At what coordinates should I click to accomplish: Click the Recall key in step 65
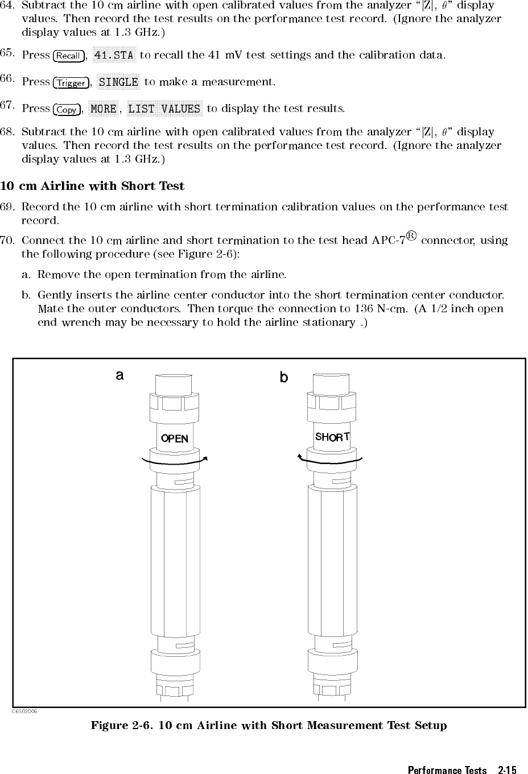68,56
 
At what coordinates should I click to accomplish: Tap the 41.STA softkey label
114,55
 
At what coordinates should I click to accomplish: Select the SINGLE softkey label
118,82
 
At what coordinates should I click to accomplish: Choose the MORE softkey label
104,109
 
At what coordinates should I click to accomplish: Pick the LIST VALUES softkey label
164,109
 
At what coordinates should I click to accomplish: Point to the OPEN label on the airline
174,438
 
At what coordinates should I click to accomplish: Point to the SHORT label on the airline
332,437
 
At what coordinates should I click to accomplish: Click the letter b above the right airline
283,377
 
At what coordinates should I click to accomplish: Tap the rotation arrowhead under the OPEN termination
205,457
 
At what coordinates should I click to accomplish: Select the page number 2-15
507,770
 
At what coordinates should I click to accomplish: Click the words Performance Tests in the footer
447,770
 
